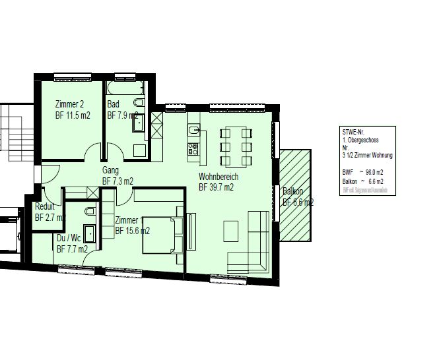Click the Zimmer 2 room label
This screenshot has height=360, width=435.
tap(69, 104)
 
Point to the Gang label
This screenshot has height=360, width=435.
tap(110, 170)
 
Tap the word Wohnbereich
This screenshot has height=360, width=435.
tap(218, 177)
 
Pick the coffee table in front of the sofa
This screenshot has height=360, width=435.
tap(232, 230)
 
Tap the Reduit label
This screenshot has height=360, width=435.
tap(45, 206)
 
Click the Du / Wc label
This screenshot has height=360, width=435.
tap(69, 238)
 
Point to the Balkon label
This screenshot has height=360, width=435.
tap(293, 192)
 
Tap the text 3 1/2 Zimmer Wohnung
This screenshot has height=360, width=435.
tap(367, 155)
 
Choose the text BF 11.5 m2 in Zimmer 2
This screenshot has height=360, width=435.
tap(73, 115)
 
